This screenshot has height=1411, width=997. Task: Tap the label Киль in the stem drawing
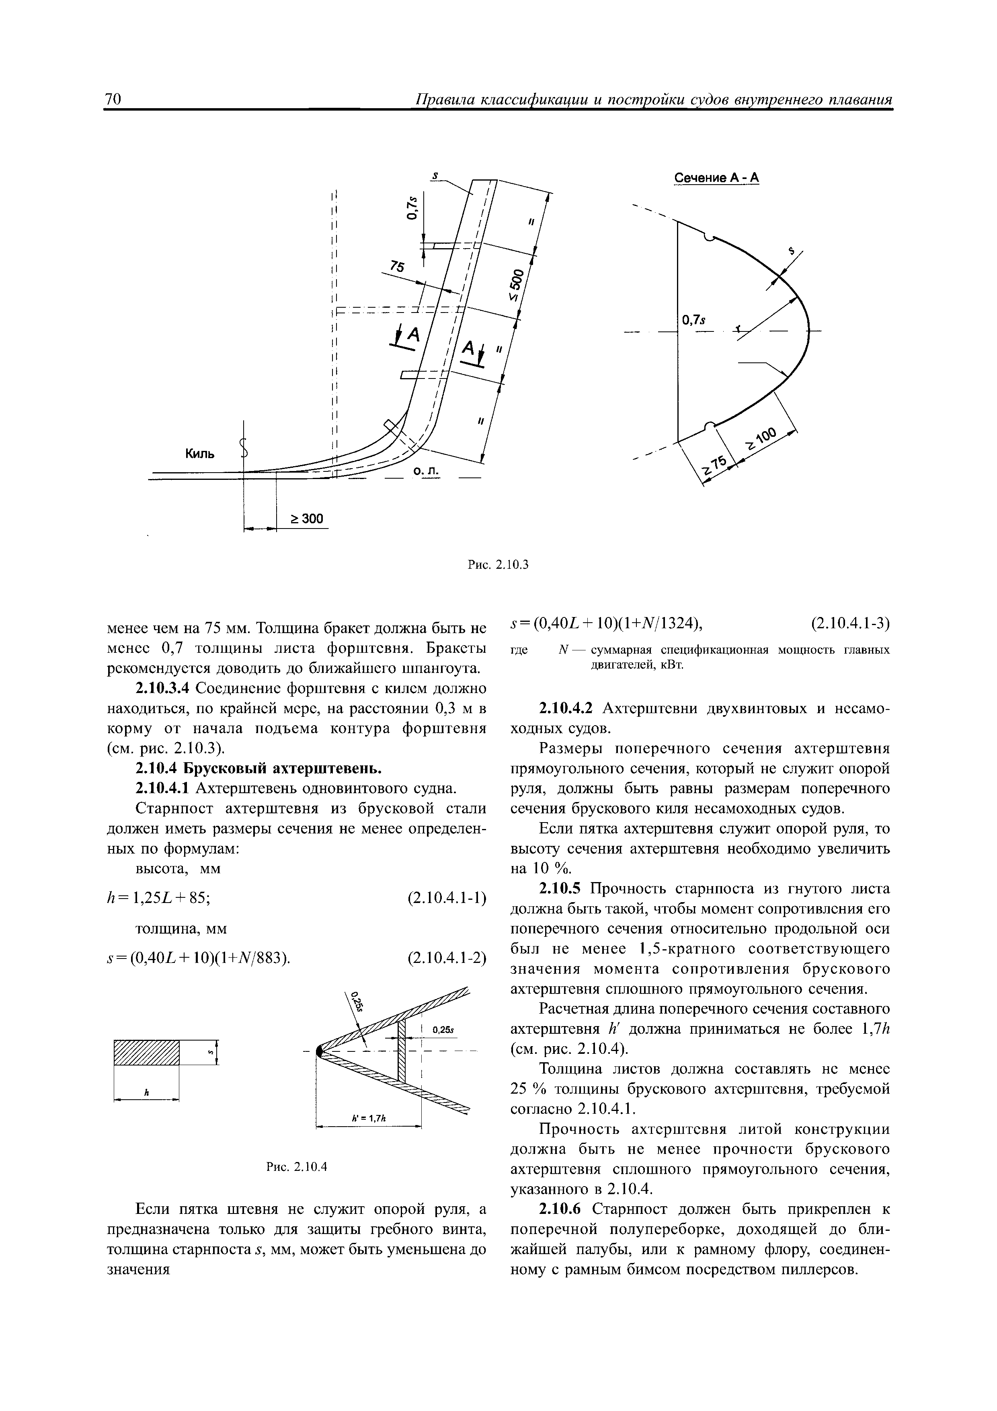point(201,454)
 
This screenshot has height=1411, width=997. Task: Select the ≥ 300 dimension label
point(306,519)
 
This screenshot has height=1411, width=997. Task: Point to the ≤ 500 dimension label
point(516,286)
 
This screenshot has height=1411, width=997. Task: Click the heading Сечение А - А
point(717,178)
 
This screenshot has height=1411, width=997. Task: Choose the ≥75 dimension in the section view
point(714,465)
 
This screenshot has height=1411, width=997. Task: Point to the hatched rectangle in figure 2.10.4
point(147,1053)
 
